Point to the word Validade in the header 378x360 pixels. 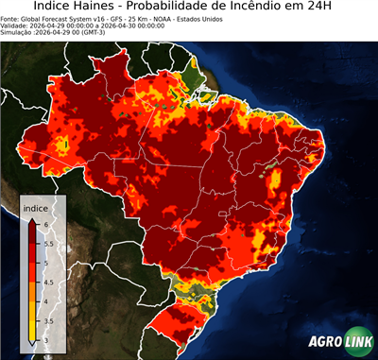tap(15, 25)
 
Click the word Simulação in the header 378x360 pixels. tap(17, 31)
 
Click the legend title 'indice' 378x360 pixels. tap(37, 208)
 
